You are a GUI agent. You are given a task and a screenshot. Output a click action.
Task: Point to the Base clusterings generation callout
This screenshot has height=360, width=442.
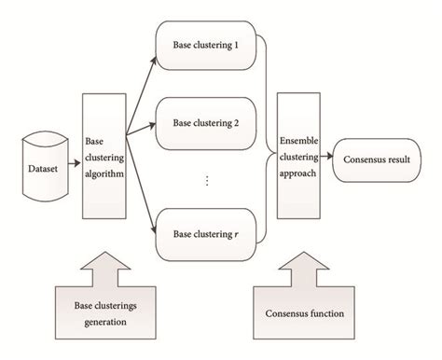pyautogui.click(x=103, y=312)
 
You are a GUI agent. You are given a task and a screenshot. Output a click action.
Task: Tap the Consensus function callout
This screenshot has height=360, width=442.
pyautogui.click(x=298, y=312)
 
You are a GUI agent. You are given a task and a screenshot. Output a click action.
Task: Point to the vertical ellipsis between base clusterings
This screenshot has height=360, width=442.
pyautogui.click(x=206, y=180)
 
